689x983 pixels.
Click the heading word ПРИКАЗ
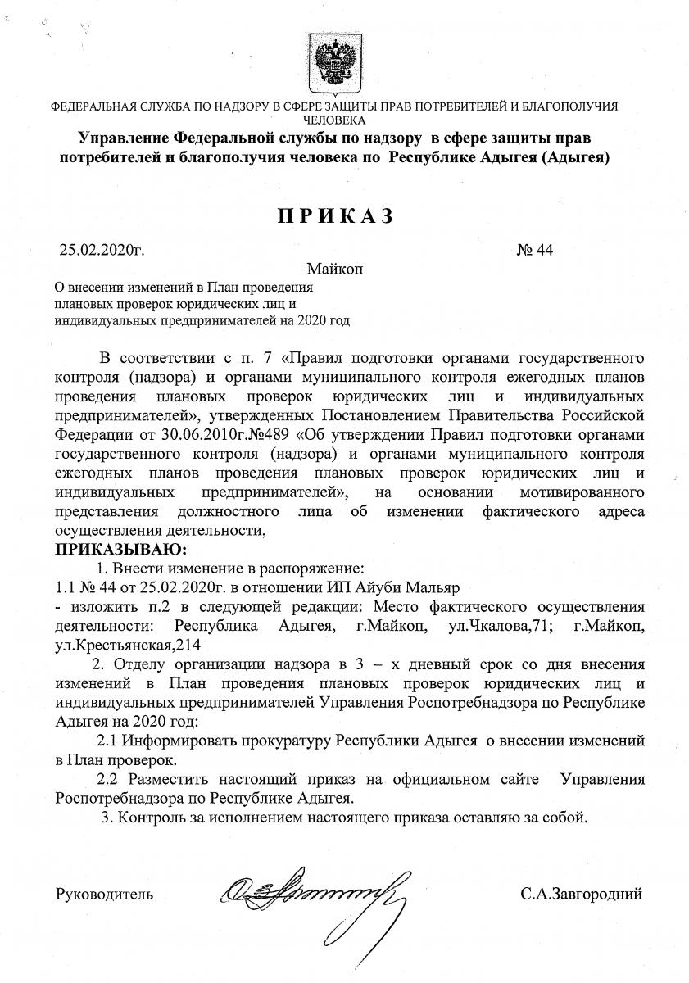click(x=334, y=215)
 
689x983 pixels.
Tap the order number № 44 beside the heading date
click(x=536, y=251)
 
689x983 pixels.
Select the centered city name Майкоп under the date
click(x=334, y=269)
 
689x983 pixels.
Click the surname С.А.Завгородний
click(x=580, y=894)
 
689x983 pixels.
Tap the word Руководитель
click(x=104, y=894)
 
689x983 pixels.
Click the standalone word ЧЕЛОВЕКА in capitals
click(x=334, y=119)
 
